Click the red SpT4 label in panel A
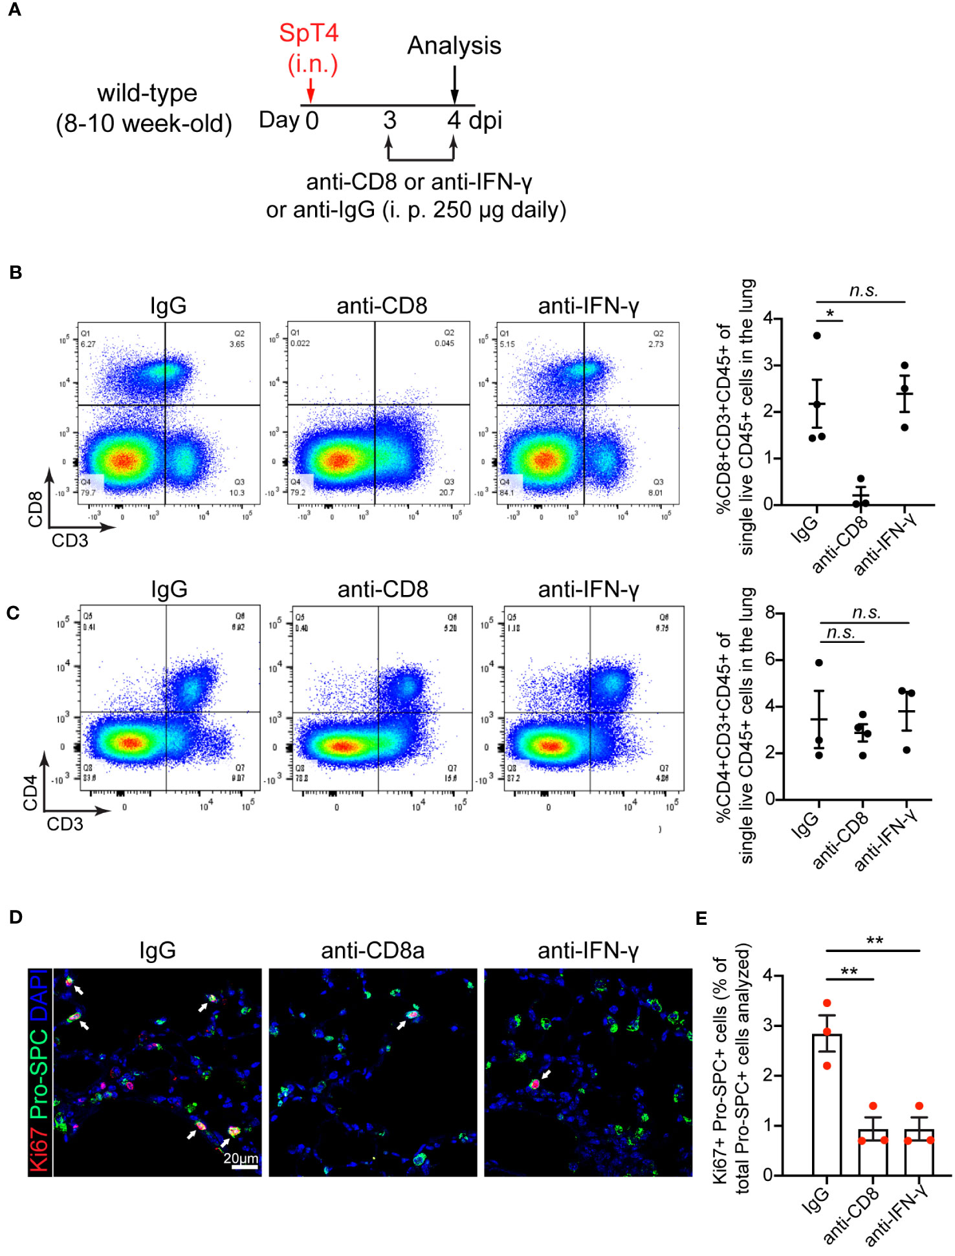click(x=309, y=33)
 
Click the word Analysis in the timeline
click(x=454, y=46)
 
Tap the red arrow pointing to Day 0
click(x=311, y=90)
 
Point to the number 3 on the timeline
click(x=389, y=120)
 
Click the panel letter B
click(x=16, y=272)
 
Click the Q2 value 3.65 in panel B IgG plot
click(x=237, y=344)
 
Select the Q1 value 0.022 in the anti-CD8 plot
click(x=300, y=343)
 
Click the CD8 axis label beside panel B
click(x=35, y=509)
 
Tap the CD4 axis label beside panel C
click(x=30, y=793)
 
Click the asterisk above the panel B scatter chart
click(x=829, y=314)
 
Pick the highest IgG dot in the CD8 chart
click(x=817, y=335)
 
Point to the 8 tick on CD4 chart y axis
click(x=769, y=612)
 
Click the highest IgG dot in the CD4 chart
click(x=818, y=662)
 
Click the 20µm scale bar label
click(x=241, y=1158)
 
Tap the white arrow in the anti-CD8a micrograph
click(x=402, y=1024)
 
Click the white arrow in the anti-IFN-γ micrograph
click(x=546, y=1074)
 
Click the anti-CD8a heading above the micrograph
click(x=373, y=950)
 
